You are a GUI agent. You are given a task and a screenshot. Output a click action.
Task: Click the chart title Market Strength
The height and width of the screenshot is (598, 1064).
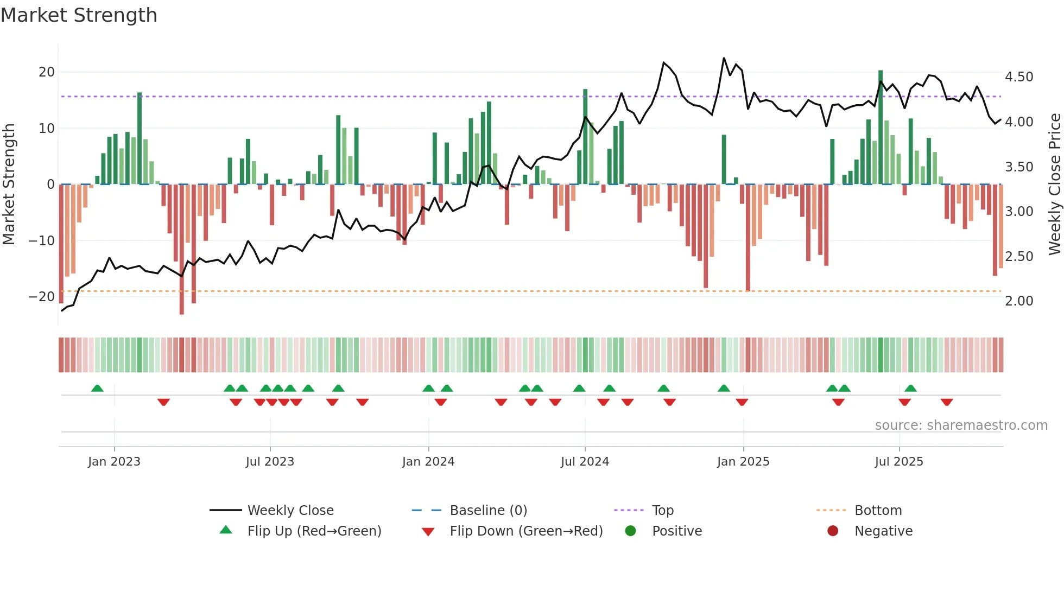(79, 15)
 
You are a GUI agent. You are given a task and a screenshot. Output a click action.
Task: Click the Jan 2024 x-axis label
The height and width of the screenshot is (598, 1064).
(428, 462)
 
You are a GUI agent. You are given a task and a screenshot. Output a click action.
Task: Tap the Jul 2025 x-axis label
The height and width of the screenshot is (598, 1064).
(899, 462)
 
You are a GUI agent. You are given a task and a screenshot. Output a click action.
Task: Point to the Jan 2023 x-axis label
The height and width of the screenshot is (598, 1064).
(114, 462)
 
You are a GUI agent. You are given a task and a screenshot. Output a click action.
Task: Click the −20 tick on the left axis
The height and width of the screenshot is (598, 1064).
(42, 297)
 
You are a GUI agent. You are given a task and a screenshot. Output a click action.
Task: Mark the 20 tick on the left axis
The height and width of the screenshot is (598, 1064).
(47, 72)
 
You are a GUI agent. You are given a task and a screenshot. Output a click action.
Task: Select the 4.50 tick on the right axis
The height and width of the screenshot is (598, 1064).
(1019, 77)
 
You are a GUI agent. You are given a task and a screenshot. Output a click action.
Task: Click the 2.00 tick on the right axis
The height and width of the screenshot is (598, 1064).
(1019, 301)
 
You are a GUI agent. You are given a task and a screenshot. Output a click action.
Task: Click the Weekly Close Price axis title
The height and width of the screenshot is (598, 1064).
(1054, 184)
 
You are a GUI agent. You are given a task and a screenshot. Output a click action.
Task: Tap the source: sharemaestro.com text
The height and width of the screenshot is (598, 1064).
(961, 425)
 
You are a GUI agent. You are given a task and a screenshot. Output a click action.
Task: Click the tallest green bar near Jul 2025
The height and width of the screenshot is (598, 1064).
(881, 128)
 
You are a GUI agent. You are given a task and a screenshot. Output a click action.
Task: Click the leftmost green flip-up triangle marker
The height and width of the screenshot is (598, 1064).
(97, 388)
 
